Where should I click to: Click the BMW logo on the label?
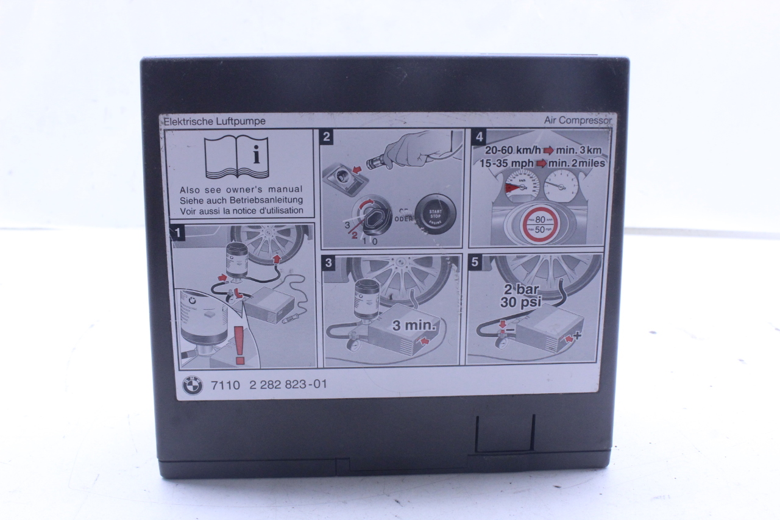coord(193,385)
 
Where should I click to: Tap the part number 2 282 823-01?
coord(288,385)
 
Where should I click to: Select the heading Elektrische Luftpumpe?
coord(214,121)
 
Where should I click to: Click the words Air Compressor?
coord(578,121)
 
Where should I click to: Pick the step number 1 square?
coord(177,232)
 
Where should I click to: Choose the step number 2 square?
coord(327,137)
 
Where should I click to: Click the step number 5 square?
coord(476,263)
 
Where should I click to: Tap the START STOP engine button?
coord(435,215)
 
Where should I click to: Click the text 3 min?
coord(414,326)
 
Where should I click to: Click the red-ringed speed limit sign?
coord(540,224)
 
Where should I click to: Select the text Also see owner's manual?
coord(241,190)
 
